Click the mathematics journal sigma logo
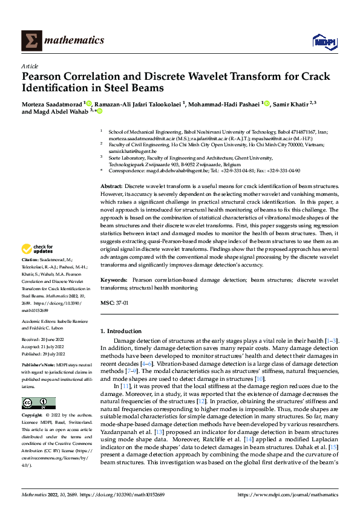pos(31,40)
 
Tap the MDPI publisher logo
pos(324,41)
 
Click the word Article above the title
pos(30,66)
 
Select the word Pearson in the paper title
pos(41,77)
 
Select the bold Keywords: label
pos(113,280)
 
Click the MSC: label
pos(106,302)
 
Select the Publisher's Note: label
pos(38,366)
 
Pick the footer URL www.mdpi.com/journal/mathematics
pos(287,494)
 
